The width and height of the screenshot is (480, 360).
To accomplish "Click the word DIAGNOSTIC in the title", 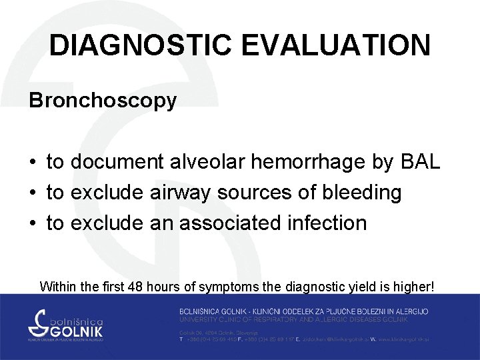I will (x=140, y=45).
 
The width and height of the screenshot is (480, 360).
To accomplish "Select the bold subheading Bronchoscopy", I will (x=103, y=101).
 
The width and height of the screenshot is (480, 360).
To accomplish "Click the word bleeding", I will (x=361, y=193).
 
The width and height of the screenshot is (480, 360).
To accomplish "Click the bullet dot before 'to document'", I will (x=32, y=163).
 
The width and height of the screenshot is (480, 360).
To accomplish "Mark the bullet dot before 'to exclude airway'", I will (x=32, y=193).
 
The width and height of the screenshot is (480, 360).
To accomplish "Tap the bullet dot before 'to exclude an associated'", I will (x=32, y=223).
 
